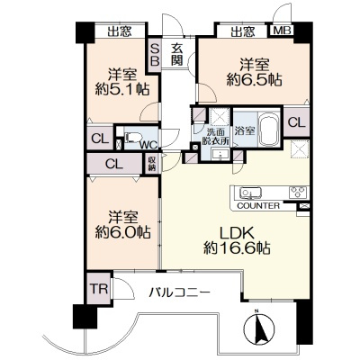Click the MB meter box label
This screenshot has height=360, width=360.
[282, 31]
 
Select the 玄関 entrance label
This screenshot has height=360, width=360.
[177, 54]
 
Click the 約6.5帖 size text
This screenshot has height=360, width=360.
[254, 80]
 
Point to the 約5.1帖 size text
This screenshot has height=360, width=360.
[122, 89]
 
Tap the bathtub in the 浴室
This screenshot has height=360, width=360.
[269, 129]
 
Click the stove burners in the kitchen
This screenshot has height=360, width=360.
[298, 192]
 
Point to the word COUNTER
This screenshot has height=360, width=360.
[258, 206]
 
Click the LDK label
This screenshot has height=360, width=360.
[238, 233]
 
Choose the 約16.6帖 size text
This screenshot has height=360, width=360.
[237, 247]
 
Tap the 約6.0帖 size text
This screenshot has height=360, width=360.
[122, 231]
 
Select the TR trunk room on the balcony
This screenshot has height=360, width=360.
[99, 289]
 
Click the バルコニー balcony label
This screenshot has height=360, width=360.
[179, 292]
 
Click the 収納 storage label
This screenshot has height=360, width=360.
[151, 164]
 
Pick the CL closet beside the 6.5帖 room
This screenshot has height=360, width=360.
[297, 122]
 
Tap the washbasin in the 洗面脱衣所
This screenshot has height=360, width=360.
[220, 155]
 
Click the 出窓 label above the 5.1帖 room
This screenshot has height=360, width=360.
[120, 31]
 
